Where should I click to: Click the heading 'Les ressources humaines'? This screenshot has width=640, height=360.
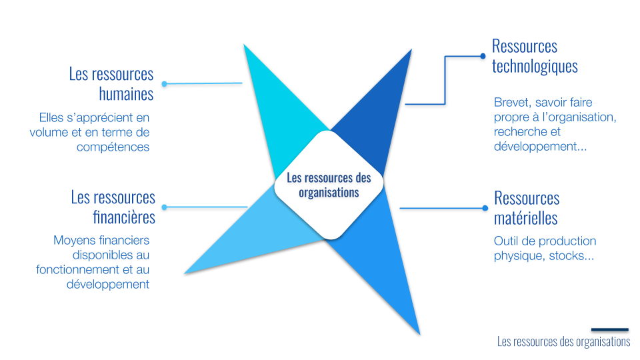tap(111, 83)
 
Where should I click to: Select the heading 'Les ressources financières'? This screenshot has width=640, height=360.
tap(113, 207)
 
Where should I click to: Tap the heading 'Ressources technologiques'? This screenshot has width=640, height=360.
tap(534, 56)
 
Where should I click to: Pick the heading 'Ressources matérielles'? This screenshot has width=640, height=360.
tap(526, 207)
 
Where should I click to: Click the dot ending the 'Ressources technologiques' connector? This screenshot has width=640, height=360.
tap(483, 56)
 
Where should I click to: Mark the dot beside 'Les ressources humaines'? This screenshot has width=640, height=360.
tap(164, 84)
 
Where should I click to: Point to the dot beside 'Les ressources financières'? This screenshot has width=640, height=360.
tap(164, 207)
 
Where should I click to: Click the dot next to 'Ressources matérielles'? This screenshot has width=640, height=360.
tap(484, 208)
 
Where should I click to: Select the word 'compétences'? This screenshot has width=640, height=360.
tap(113, 147)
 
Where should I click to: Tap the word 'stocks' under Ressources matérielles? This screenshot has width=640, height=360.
tap(566, 255)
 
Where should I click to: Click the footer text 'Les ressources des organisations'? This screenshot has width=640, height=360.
tap(563, 341)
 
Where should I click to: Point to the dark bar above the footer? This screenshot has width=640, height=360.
tap(609, 329)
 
